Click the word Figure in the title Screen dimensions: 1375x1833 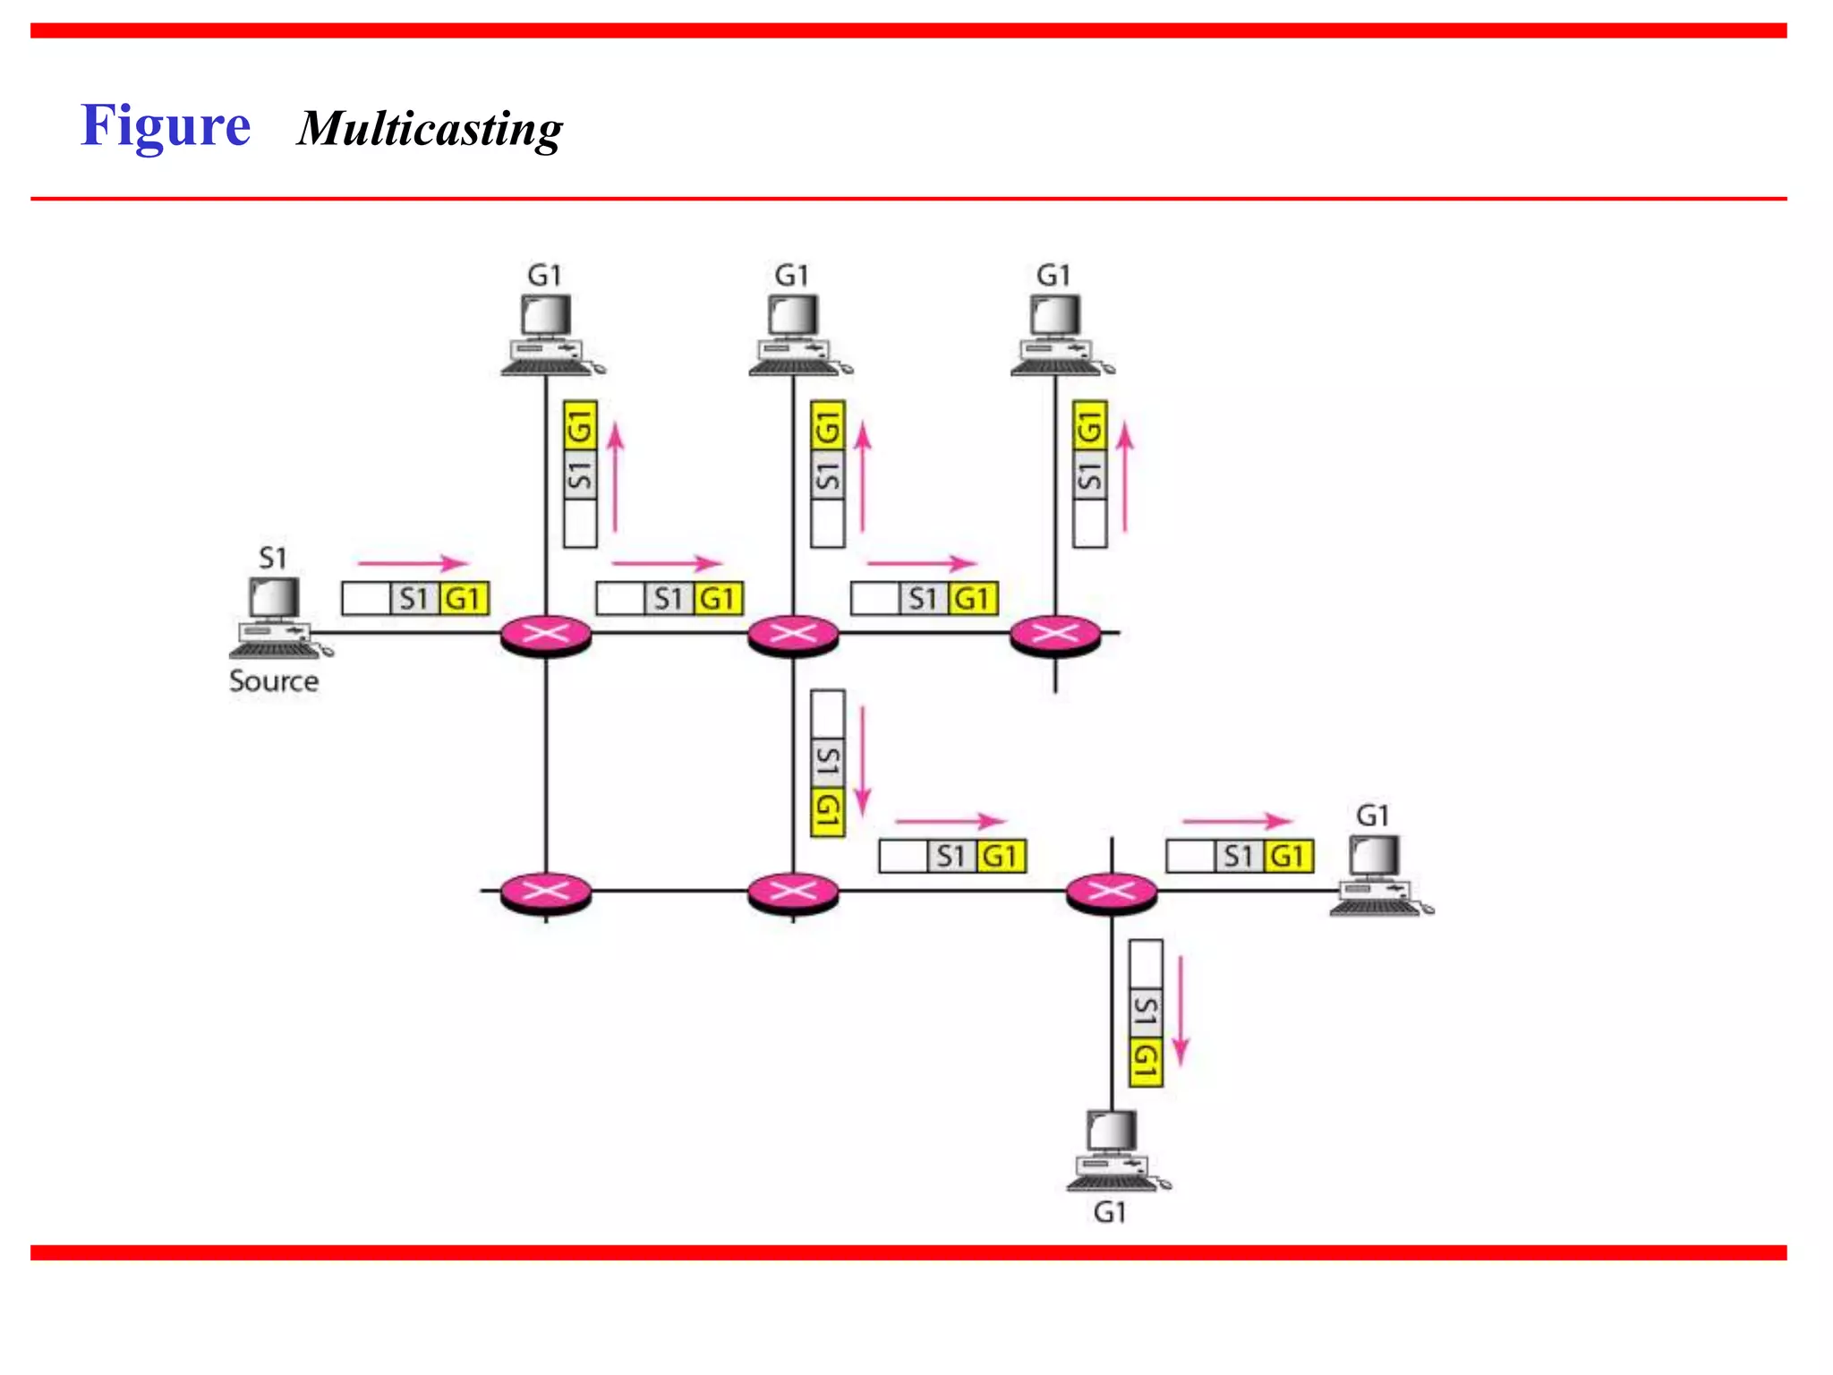click(166, 126)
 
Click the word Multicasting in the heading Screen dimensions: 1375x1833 click(430, 130)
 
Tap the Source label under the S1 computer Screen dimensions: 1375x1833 click(274, 681)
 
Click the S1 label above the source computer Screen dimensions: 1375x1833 click(272, 559)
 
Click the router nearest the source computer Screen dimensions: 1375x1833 click(546, 636)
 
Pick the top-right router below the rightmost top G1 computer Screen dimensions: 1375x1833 click(1055, 636)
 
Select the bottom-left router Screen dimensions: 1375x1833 click(546, 892)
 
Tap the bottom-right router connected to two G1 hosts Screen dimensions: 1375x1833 click(1112, 892)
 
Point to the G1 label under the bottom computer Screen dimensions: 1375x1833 click(1110, 1212)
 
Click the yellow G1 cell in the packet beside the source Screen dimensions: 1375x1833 click(464, 599)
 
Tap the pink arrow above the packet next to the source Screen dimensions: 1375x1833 click(413, 563)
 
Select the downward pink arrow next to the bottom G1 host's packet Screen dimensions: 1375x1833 click(1181, 1010)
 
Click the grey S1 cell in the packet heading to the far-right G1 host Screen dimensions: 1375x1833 click(1239, 857)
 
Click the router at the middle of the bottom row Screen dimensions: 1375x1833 click(793, 892)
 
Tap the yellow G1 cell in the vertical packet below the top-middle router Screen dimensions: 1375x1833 click(828, 812)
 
